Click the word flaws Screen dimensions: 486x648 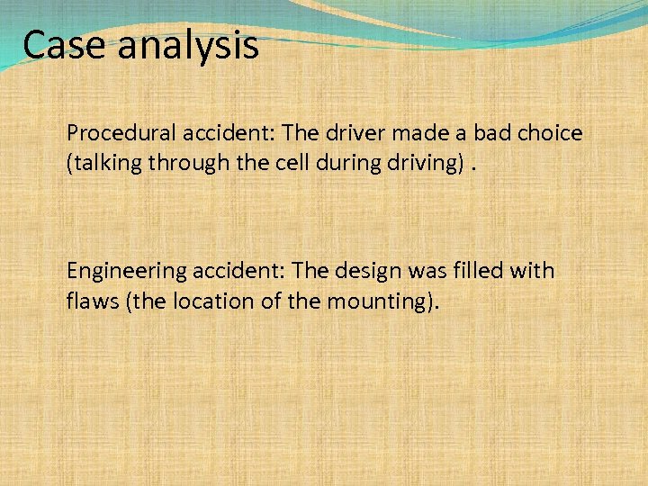point(93,300)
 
